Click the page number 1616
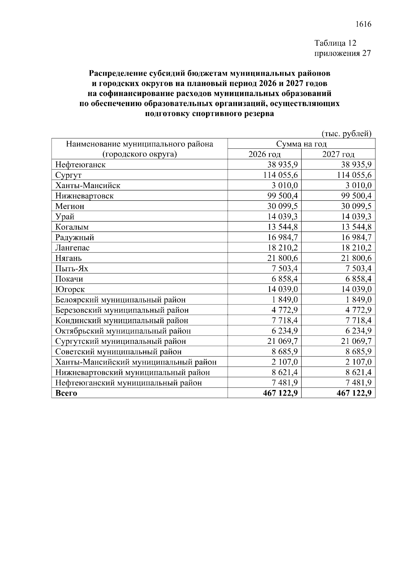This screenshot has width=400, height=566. [363, 24]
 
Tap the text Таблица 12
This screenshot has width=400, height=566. [335, 43]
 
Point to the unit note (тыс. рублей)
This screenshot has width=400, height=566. [346, 134]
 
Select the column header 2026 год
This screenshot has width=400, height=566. [264, 154]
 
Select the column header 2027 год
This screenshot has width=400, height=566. [338, 154]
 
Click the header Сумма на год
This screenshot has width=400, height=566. [301, 144]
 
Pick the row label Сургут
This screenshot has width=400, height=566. [68, 175]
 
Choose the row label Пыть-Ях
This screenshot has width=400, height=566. [72, 268]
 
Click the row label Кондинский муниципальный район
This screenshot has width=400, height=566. [122, 321]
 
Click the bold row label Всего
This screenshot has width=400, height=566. [66, 393]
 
